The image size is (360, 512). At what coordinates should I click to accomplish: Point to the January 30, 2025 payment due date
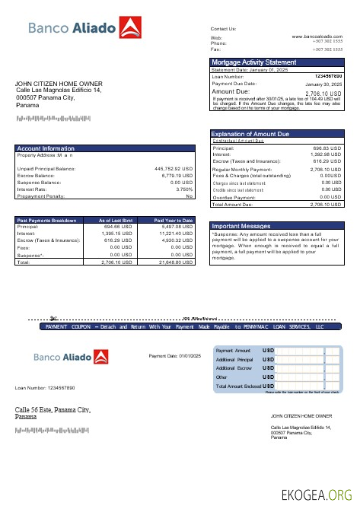click(323, 84)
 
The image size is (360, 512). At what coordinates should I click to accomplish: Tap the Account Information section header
click(46, 148)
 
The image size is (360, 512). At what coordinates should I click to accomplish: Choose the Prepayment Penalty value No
click(190, 196)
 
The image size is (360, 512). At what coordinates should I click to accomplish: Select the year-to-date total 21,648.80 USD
click(175, 261)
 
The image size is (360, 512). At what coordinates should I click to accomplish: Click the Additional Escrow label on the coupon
click(234, 367)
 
